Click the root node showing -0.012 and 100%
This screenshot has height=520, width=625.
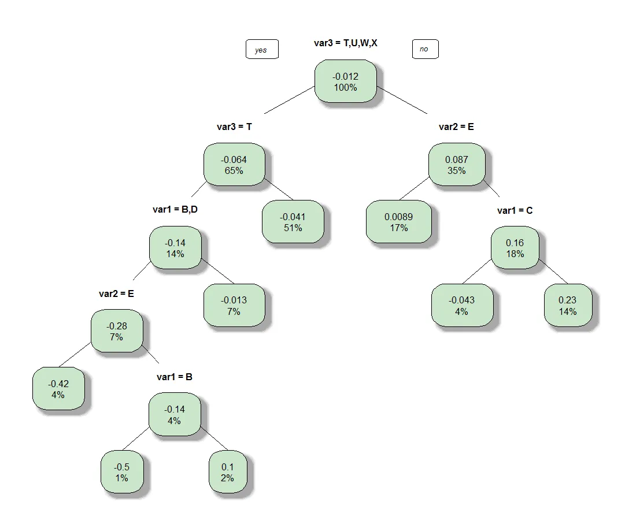point(345,81)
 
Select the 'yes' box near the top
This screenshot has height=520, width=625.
point(261,50)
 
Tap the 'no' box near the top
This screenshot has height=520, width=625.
point(424,49)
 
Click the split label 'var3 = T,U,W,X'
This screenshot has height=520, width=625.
point(345,43)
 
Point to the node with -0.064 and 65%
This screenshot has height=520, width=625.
point(234,165)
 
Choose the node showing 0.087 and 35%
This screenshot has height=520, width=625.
point(456,165)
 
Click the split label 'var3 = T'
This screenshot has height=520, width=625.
point(234,127)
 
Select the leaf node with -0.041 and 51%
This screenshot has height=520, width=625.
point(293,222)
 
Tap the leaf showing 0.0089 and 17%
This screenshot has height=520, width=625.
point(398,222)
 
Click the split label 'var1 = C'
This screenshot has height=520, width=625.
point(515,210)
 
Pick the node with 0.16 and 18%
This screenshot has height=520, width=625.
point(515,248)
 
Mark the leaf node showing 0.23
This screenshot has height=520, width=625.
point(567,305)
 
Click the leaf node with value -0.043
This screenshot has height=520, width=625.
point(461,305)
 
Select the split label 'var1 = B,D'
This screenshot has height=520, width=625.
point(175,209)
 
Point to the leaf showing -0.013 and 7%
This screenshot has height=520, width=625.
point(234,305)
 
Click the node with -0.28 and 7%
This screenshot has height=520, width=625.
point(116,331)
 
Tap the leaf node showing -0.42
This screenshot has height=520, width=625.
point(58,389)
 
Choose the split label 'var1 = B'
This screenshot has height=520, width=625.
point(174,377)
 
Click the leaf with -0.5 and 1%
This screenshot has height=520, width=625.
point(121,472)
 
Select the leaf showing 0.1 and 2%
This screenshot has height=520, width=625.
point(227,472)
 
